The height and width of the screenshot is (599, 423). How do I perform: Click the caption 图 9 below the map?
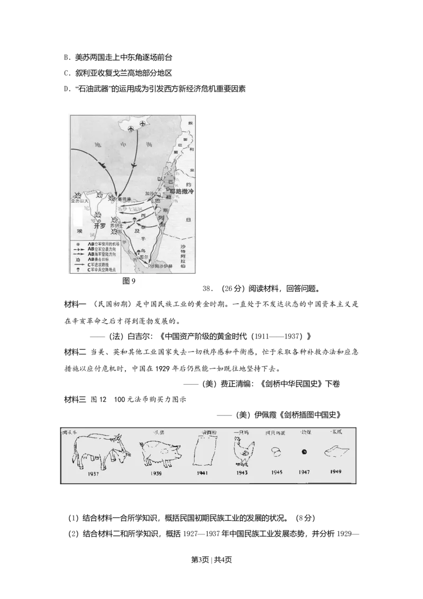pos(128,281)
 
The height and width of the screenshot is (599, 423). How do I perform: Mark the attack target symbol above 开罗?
pos(98,214)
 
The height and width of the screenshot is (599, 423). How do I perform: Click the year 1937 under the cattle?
pos(94,474)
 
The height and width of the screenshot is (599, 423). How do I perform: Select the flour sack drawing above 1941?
pos(203,451)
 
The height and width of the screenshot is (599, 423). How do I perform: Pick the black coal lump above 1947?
pos(304,452)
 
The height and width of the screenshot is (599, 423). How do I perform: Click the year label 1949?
pos(335,471)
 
